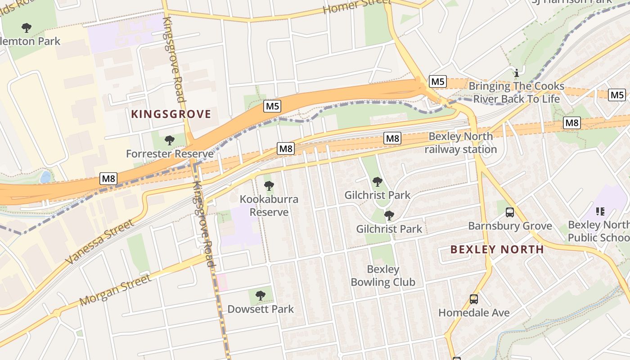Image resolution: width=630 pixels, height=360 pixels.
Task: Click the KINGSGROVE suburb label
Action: click(x=171, y=114)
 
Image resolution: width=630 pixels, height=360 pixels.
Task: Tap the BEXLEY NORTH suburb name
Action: click(x=497, y=249)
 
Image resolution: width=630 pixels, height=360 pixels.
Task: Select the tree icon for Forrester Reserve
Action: click(x=170, y=140)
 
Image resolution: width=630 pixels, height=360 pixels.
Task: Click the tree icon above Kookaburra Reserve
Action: click(x=269, y=185)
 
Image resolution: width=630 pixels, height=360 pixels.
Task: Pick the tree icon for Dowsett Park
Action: click(x=261, y=296)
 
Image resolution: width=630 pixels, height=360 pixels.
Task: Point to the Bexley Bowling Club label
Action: click(x=382, y=276)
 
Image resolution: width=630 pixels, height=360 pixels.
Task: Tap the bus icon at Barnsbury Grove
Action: click(x=510, y=212)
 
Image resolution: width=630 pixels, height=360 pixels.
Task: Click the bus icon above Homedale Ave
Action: click(x=474, y=299)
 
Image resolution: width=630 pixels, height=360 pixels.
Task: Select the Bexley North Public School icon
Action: click(x=600, y=211)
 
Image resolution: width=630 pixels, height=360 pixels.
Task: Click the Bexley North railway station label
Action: click(x=461, y=143)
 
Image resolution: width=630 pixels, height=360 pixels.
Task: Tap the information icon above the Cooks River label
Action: click(x=517, y=72)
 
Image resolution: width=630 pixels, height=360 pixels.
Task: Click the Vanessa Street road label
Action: click(x=99, y=242)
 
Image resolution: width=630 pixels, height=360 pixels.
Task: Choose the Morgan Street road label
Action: click(x=116, y=290)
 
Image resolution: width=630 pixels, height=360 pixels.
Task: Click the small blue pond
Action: click(x=45, y=177)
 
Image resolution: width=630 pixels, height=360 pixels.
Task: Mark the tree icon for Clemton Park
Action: click(x=27, y=28)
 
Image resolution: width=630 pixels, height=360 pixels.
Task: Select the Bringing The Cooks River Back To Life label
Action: click(x=516, y=92)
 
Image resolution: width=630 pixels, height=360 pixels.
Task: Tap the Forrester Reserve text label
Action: click(x=170, y=154)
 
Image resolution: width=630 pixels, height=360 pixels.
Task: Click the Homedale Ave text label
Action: click(x=474, y=312)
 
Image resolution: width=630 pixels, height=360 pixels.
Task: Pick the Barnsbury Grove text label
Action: click(x=510, y=226)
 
